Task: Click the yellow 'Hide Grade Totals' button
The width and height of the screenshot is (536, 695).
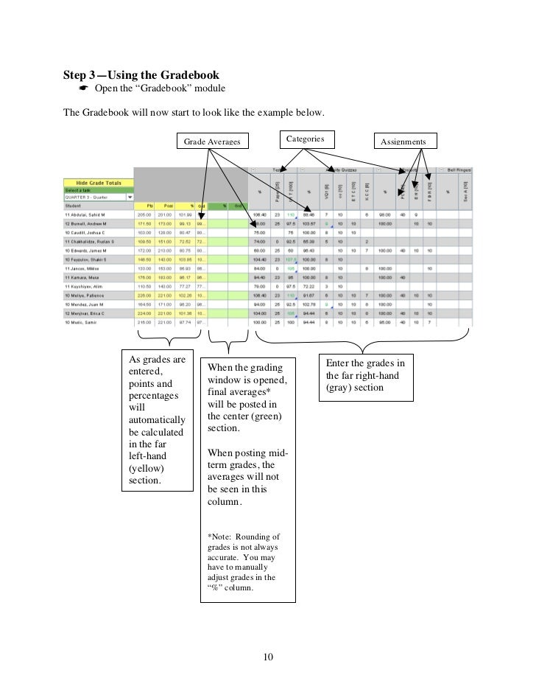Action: coord(98,183)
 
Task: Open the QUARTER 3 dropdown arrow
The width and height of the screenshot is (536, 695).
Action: coord(130,197)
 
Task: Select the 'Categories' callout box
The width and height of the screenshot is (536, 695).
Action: coord(305,138)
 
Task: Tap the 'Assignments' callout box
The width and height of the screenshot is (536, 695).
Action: coord(404,140)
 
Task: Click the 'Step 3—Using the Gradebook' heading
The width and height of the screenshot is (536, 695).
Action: coord(141,74)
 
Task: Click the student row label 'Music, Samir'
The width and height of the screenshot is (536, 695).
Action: coord(86,322)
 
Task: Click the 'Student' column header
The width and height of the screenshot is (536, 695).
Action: coord(74,206)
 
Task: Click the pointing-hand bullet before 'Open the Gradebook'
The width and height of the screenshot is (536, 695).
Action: coord(82,90)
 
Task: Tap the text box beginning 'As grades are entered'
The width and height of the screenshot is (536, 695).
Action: coord(158,419)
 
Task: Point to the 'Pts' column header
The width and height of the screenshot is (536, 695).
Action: coord(150,206)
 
